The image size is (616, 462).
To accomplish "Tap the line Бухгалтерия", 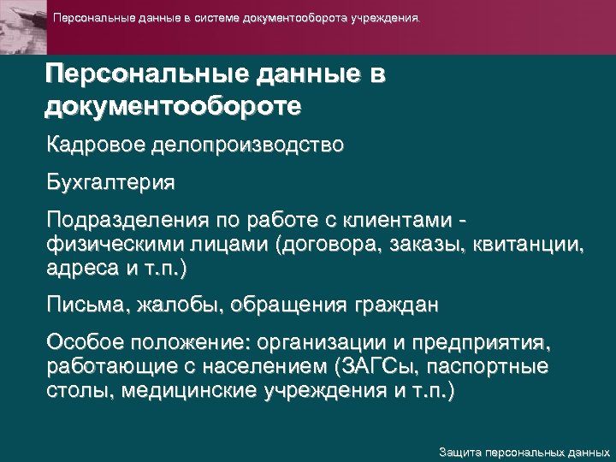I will tap(111, 182).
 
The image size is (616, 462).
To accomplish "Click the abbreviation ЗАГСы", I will tap(372, 368).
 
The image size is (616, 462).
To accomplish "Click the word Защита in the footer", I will tap(459, 451).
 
